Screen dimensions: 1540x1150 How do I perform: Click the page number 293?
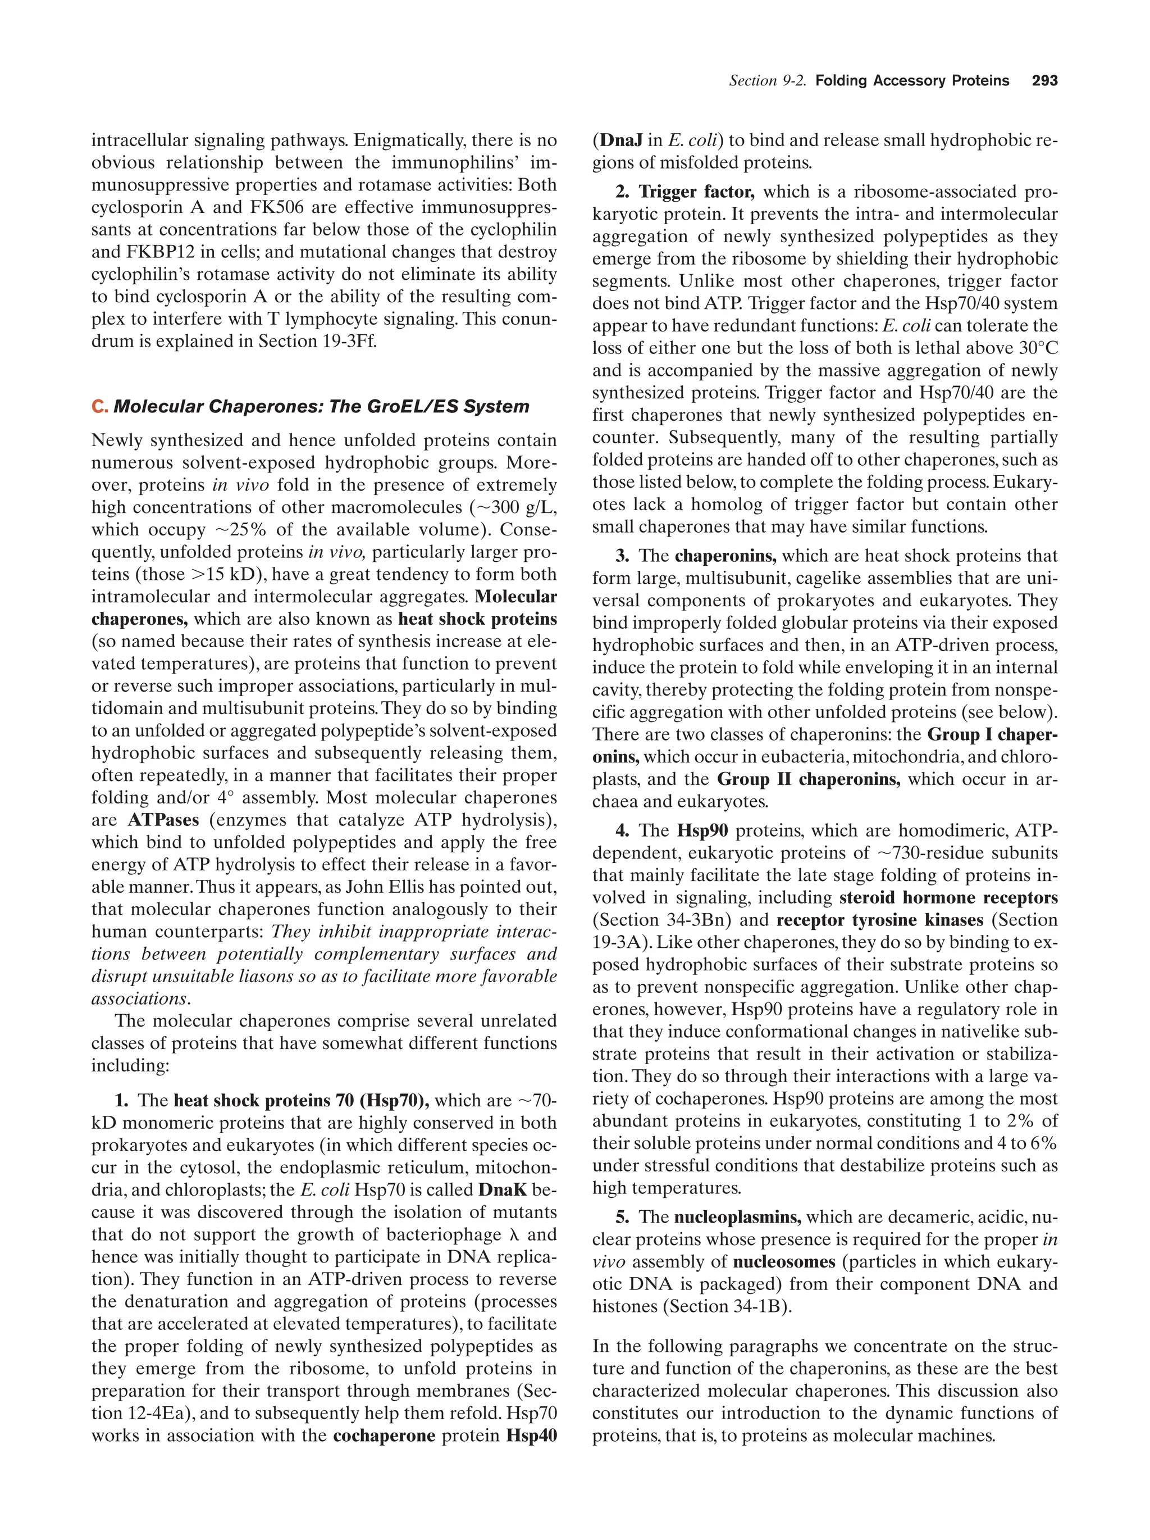coord(1044,81)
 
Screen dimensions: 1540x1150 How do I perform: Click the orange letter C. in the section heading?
coord(99,407)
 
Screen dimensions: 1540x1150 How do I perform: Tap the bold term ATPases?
coord(163,820)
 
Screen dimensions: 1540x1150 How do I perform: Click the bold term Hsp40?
coord(532,1435)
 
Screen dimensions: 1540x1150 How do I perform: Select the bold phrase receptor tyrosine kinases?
coord(879,920)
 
